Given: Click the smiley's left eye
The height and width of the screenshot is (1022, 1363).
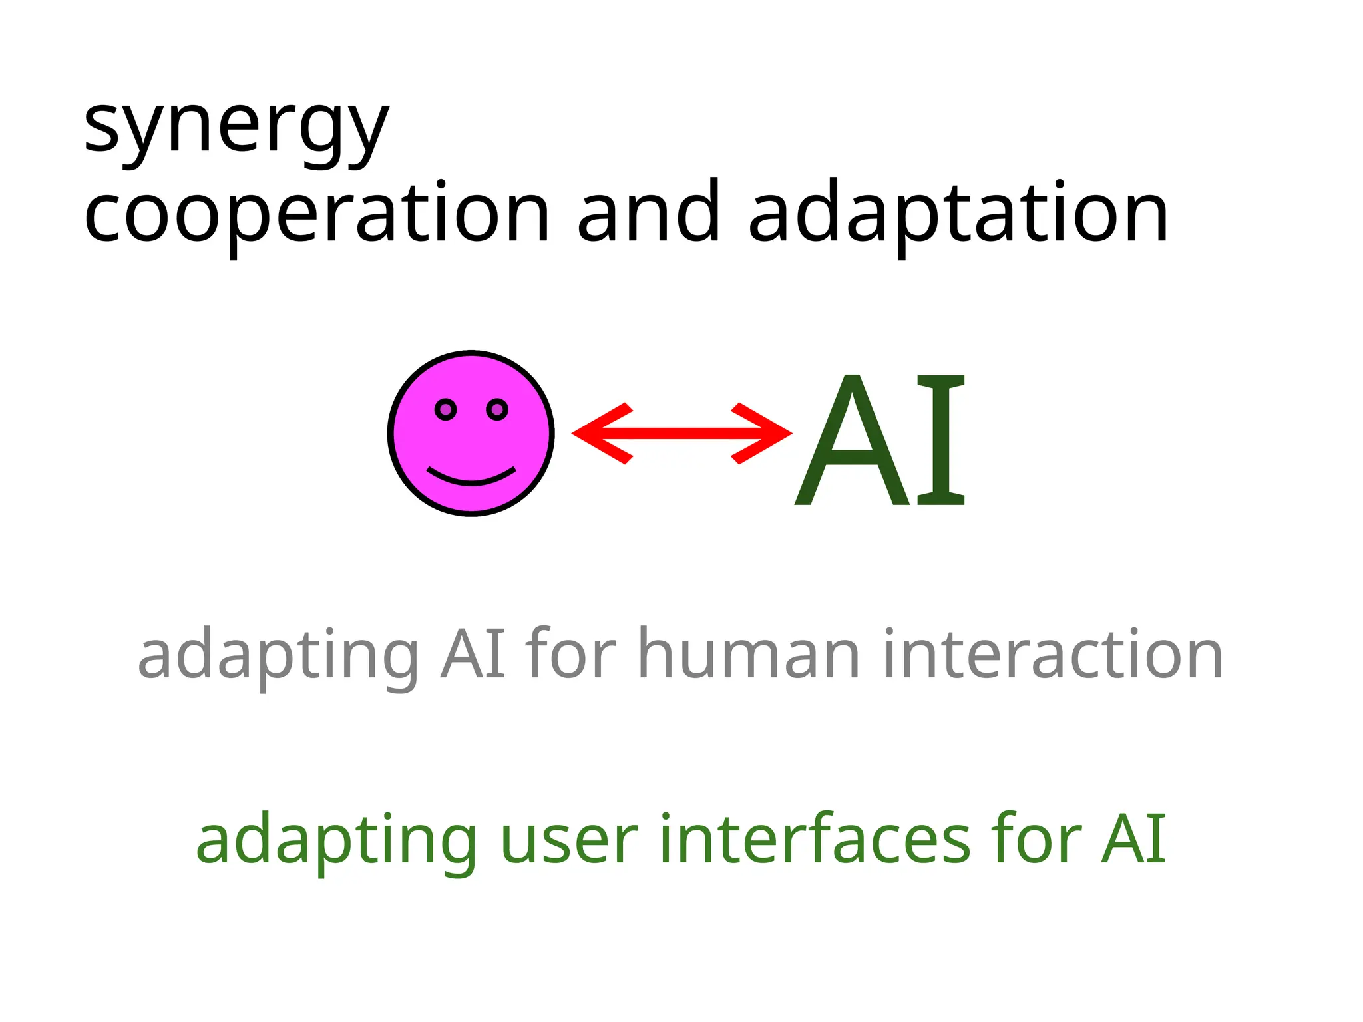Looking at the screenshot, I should click(445, 409).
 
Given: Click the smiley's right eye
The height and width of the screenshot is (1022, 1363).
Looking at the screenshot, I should click(497, 409).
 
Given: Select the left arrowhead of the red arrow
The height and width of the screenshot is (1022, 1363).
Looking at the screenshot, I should click(599, 433).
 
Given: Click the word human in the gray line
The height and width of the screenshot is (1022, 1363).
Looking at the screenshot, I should click(749, 655).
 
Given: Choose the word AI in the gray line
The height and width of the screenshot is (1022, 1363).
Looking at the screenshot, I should click(473, 655).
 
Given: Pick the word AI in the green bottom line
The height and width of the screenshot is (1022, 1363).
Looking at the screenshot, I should click(1133, 840).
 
